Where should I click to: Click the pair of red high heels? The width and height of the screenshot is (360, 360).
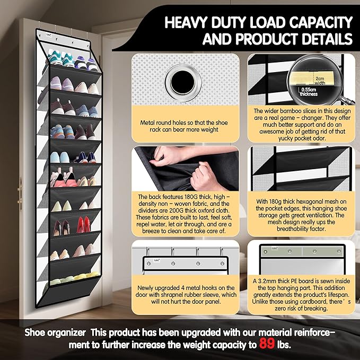click(84, 224)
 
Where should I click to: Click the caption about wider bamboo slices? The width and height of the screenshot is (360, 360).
click(301, 125)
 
